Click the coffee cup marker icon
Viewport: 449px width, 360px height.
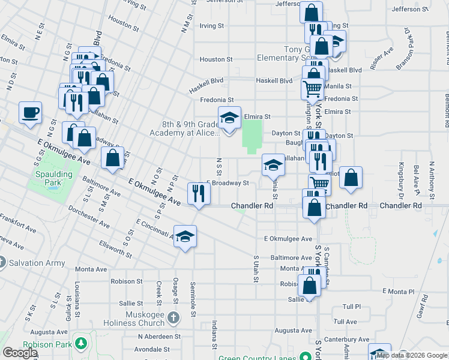tap(30, 112)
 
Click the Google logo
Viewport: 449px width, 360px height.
tap(20, 353)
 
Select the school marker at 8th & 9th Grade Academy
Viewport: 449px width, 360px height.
tap(229, 118)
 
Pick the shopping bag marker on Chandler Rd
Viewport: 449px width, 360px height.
tap(314, 207)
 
